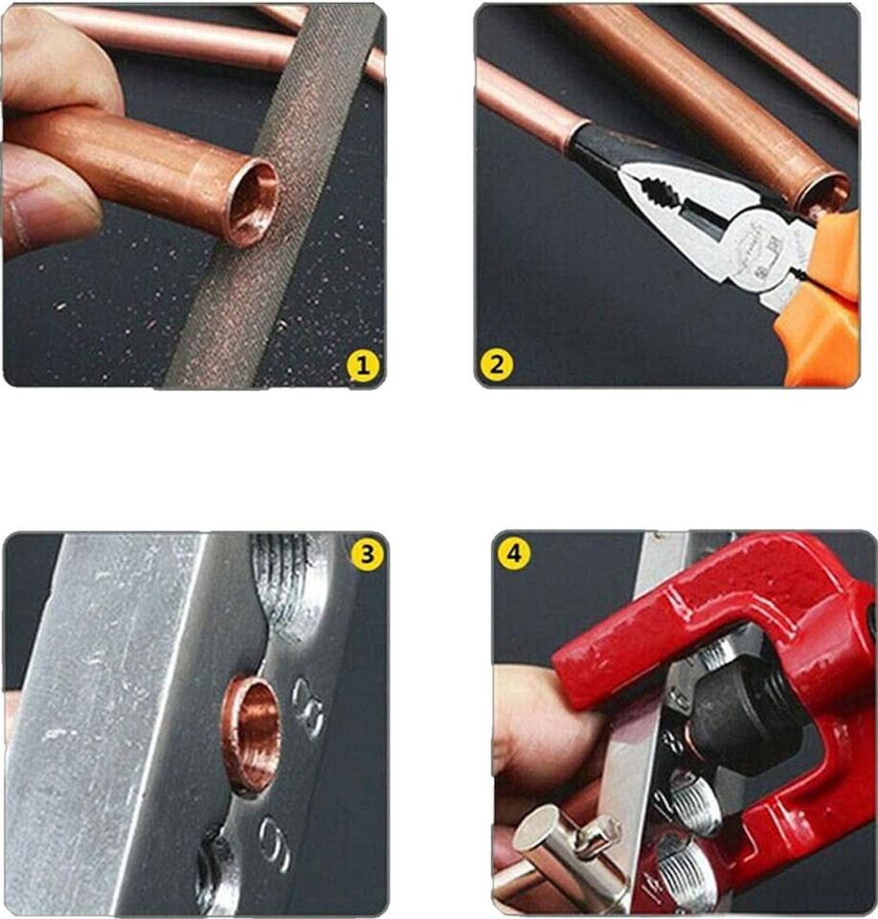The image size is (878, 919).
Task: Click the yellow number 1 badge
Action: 363,365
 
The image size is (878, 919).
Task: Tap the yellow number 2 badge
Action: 497,365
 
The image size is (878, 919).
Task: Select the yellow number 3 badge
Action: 367,553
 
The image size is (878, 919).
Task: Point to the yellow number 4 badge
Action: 514,553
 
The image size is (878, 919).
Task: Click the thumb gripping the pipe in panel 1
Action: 48,196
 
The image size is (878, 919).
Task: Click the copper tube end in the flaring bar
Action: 252,732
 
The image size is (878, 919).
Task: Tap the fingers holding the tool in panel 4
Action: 536,728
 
